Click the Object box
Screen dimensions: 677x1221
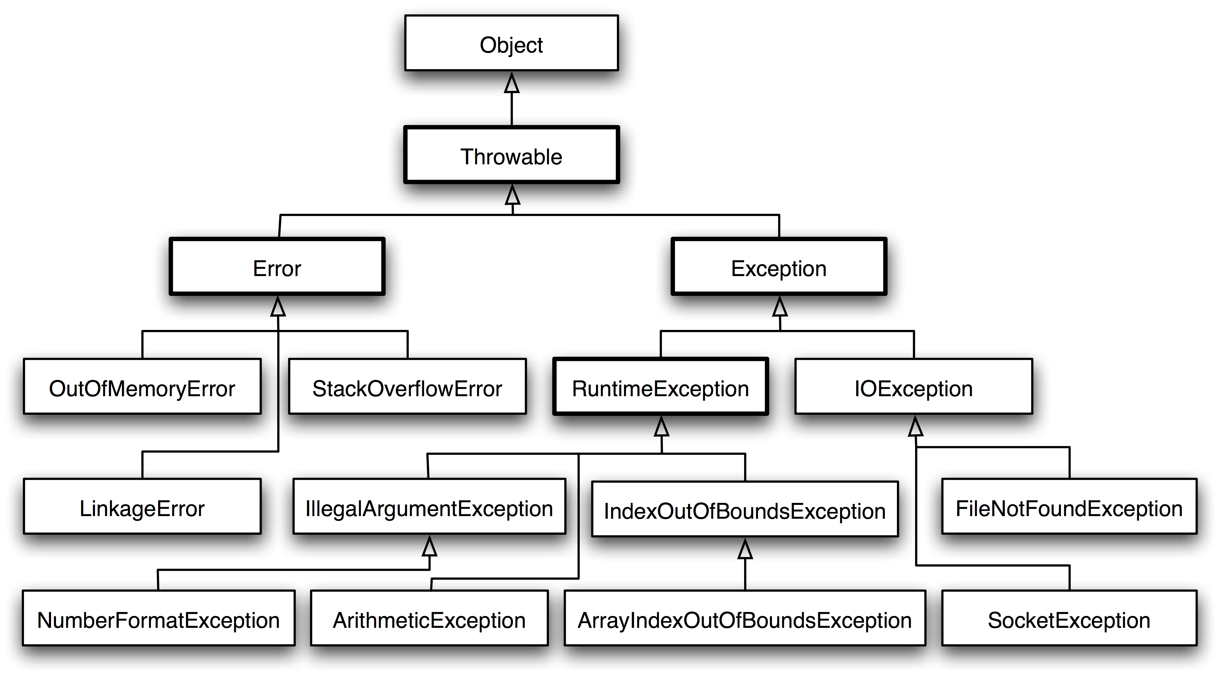tap(511, 43)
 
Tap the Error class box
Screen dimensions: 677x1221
tap(277, 266)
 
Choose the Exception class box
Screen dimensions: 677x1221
tap(779, 266)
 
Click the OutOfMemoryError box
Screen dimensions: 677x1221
tap(142, 386)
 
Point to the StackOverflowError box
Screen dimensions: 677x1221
tap(407, 386)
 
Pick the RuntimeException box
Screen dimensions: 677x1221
tap(660, 386)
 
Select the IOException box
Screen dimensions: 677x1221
tap(913, 386)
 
